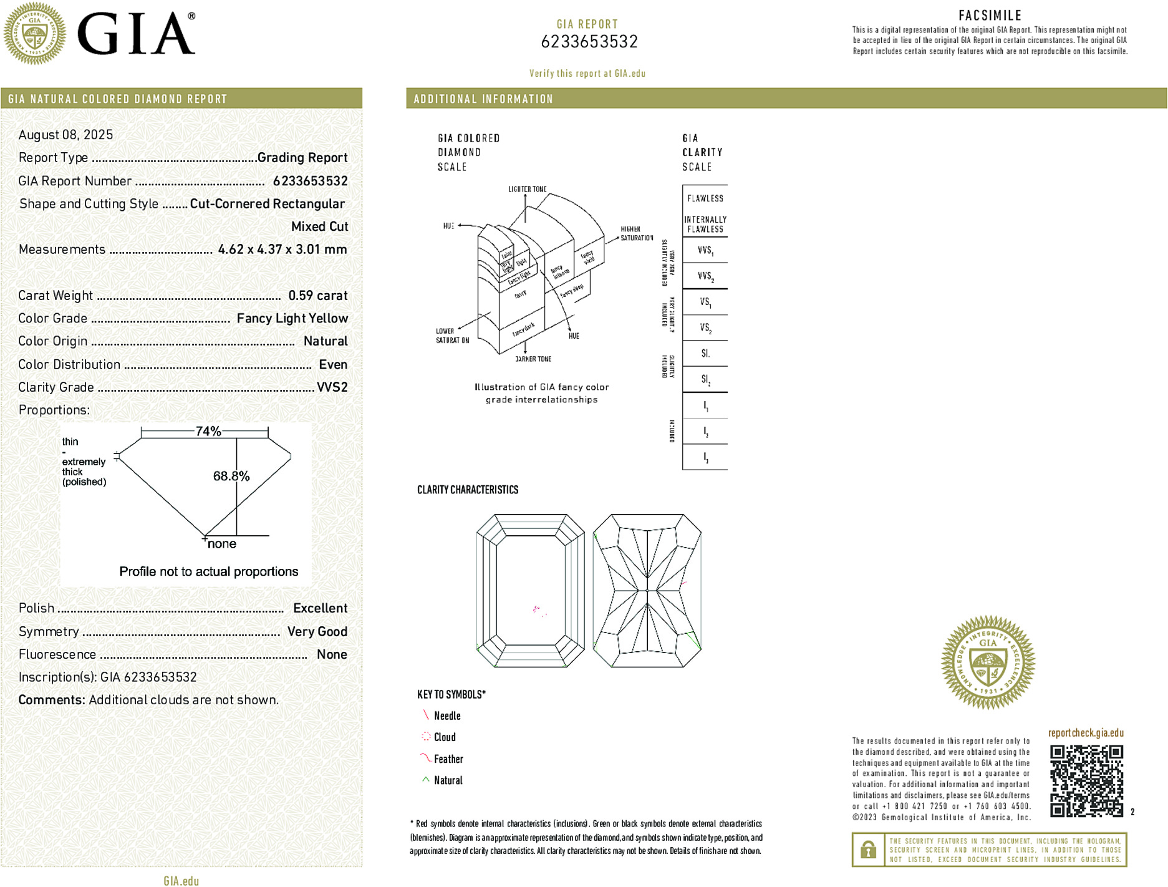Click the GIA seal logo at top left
34,34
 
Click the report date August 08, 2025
65,135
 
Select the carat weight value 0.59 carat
317,296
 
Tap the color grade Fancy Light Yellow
292,319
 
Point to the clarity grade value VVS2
332,387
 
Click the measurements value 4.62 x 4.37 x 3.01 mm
282,250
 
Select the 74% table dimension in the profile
208,431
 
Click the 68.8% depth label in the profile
231,477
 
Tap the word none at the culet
222,544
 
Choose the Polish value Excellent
320,608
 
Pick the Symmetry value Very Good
317,632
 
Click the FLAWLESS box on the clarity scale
705,198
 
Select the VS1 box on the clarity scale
705,302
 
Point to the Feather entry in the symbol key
448,759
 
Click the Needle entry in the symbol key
446,716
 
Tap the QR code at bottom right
1086,780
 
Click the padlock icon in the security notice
867,850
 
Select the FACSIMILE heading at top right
990,16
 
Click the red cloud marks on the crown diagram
538,610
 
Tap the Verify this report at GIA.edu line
587,74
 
